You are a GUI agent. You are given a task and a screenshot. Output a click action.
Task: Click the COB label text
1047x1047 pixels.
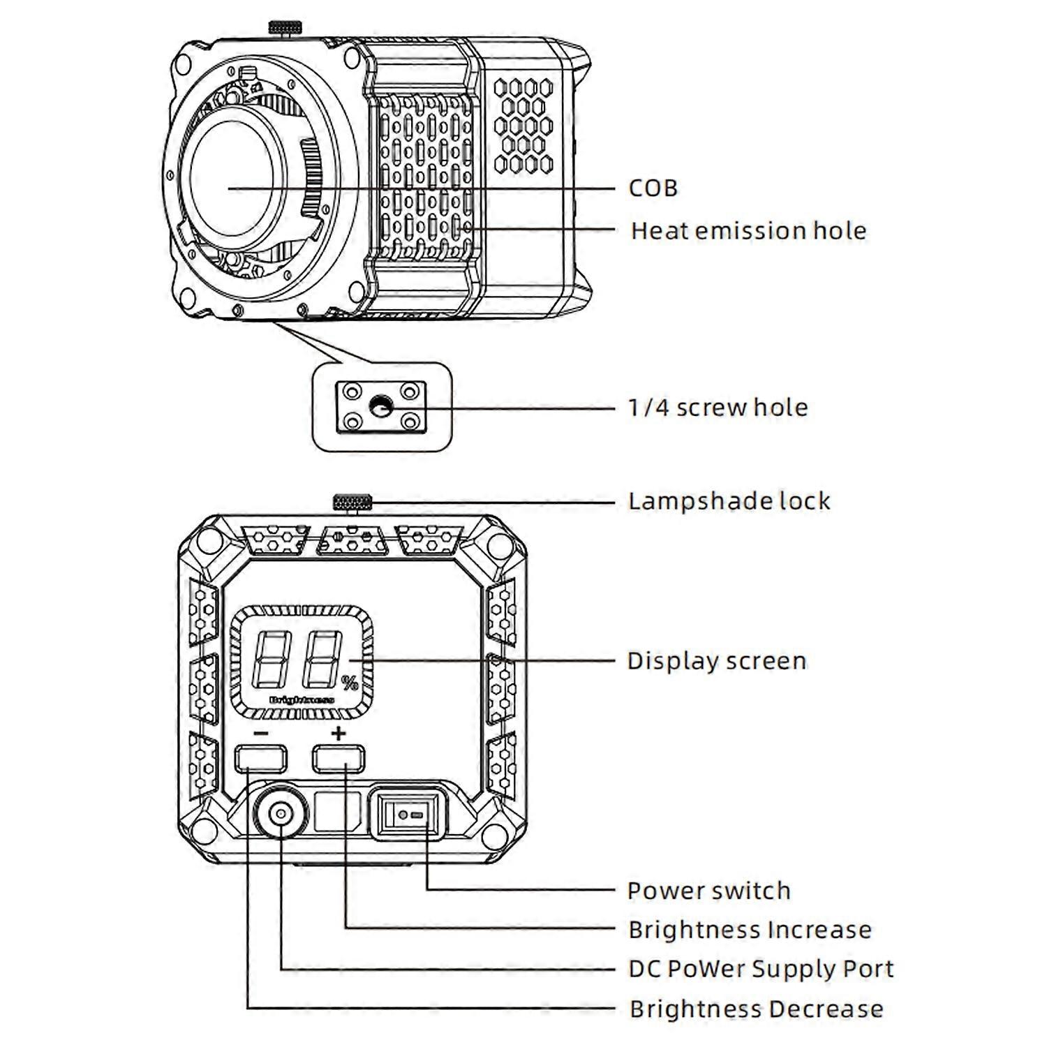[653, 188]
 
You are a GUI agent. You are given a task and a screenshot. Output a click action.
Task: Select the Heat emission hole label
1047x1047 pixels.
[748, 230]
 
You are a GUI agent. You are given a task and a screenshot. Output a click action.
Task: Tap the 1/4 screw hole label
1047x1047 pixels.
[718, 407]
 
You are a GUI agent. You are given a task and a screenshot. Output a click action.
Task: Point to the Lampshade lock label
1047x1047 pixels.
[729, 501]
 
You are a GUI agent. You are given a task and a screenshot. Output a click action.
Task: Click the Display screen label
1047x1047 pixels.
[716, 660]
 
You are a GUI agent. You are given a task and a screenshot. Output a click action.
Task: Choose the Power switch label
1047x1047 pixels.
[708, 891]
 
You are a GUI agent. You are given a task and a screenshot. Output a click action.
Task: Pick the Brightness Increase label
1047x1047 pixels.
[750, 930]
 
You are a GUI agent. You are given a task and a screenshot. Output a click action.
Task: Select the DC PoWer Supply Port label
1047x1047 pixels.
[761, 969]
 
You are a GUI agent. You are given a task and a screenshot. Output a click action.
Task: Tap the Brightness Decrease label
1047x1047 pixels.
[756, 1009]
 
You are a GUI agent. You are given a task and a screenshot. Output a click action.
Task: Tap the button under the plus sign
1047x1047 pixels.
[339, 759]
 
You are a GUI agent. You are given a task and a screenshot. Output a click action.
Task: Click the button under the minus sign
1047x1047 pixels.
[260, 759]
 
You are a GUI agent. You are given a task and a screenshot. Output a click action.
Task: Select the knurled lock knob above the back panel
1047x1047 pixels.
[353, 502]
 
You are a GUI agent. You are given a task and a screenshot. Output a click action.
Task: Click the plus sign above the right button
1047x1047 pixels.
[339, 733]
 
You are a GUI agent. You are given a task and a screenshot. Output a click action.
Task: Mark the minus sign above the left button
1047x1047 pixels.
[260, 734]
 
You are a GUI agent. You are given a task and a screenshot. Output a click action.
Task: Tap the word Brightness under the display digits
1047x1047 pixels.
[302, 699]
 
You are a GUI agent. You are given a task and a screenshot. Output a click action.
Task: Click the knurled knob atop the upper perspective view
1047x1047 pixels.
[285, 27]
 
